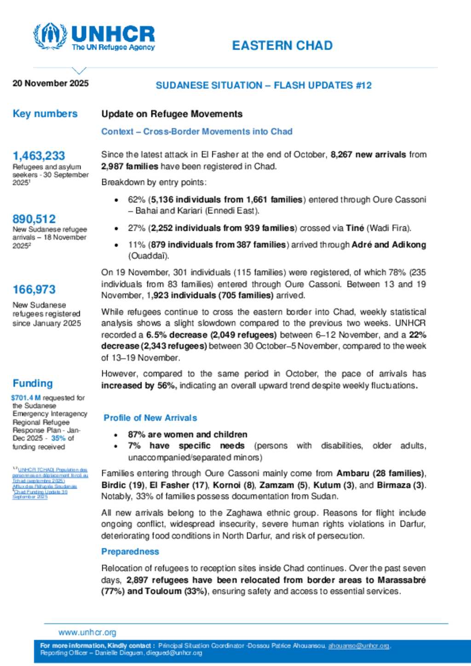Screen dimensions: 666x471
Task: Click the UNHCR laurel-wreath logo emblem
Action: [x=50, y=36]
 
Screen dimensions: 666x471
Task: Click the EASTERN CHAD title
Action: [x=282, y=46]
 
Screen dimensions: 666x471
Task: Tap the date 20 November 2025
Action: [x=51, y=83]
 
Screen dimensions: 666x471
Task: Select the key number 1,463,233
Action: [x=39, y=156]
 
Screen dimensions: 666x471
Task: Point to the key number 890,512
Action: [x=34, y=219]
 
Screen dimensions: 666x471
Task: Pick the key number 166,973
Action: [x=34, y=290]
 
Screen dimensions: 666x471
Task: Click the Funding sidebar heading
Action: [x=33, y=383]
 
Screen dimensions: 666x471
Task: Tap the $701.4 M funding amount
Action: [x=26, y=398]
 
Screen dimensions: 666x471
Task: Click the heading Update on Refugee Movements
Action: [x=172, y=114]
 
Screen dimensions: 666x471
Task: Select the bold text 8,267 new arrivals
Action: [x=368, y=154]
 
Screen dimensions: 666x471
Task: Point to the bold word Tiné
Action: [x=355, y=228]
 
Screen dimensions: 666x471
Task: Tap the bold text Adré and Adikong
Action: [x=389, y=245]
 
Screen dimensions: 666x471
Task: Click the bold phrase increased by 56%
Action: [x=139, y=386]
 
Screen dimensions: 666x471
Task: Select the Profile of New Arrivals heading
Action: [x=150, y=418]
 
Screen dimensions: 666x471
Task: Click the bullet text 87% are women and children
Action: [x=188, y=434]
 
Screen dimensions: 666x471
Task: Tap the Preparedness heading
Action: [x=130, y=552]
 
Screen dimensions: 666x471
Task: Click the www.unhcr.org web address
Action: [x=87, y=632]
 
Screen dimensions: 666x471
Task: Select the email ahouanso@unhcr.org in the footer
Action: [x=359, y=646]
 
